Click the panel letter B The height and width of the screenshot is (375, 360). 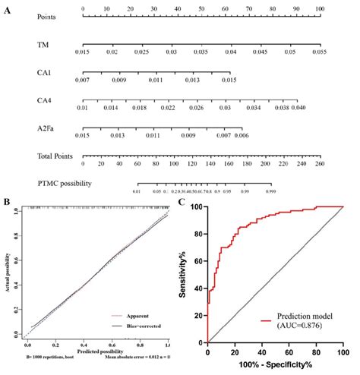click(7, 202)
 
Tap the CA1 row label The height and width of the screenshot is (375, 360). click(45, 73)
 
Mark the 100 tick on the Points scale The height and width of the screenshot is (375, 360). click(319, 8)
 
